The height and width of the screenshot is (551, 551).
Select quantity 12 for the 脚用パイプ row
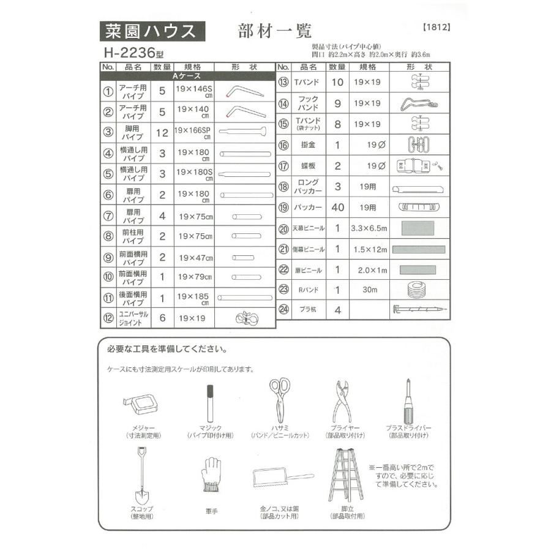tap(162, 132)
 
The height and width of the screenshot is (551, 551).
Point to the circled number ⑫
tap(108, 318)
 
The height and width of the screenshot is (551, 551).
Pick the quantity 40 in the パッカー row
tap(337, 208)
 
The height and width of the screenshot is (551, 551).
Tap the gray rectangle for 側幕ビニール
tap(419, 249)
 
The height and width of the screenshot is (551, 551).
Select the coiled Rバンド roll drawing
tap(419, 288)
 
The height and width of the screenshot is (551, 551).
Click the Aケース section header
tap(187, 77)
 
